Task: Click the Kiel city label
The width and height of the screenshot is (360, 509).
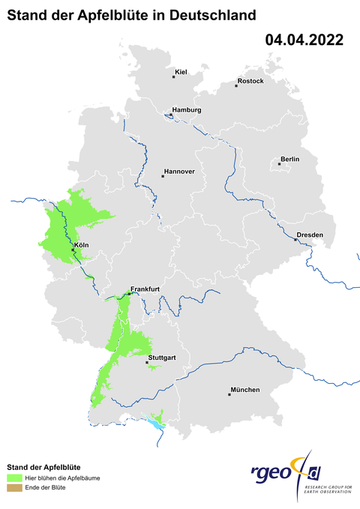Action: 180,72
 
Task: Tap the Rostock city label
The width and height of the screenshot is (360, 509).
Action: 250,81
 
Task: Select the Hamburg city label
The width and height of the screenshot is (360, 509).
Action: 187,110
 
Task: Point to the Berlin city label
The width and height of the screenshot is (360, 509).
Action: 289,159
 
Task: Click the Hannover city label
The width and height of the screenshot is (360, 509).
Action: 179,172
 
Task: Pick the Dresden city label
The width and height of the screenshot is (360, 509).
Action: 310,235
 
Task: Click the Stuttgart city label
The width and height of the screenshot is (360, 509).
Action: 162,358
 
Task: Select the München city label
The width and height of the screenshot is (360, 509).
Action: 245,390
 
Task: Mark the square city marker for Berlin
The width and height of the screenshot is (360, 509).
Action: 279,163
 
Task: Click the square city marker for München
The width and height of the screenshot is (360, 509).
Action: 229,394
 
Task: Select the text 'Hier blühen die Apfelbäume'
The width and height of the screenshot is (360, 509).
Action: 64,478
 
